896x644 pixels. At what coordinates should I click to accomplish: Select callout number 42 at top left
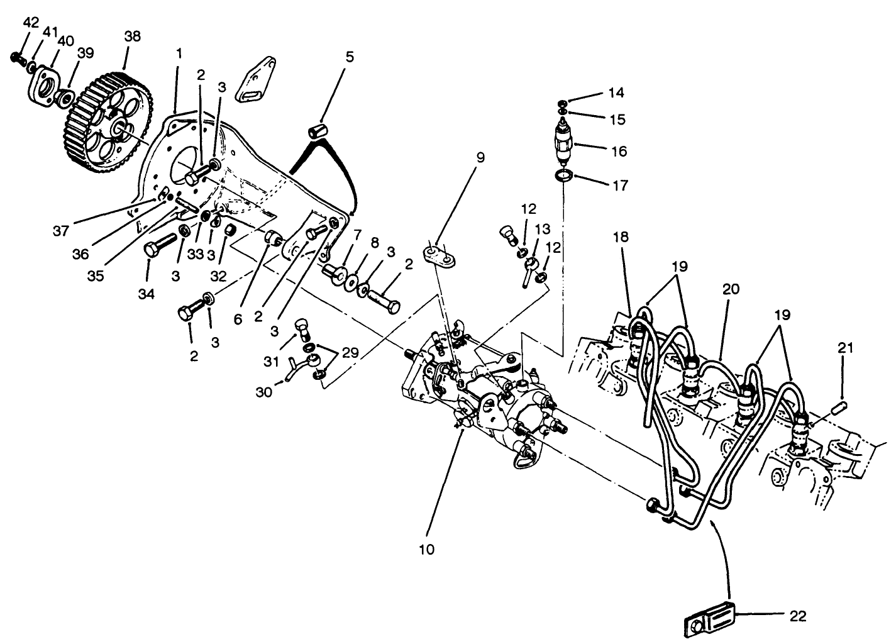pos(31,23)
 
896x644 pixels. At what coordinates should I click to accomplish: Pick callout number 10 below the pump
pos(426,549)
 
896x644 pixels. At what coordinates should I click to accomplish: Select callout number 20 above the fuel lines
pos(731,289)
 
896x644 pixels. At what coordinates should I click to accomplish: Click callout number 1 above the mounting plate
pos(179,54)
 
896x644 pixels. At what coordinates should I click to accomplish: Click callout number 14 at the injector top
pos(616,92)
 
